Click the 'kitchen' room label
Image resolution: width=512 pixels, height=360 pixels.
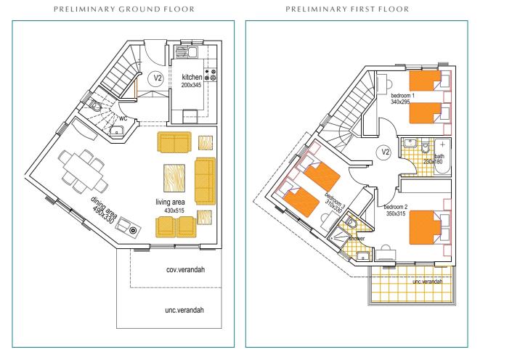point(192,77)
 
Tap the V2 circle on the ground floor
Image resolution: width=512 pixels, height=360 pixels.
point(158,78)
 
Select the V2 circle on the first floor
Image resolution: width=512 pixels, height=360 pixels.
point(386,152)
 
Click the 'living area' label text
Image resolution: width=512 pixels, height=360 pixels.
point(170,202)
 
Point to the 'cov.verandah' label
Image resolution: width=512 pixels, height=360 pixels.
point(185,269)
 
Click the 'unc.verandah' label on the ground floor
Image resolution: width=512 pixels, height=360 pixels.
point(184,310)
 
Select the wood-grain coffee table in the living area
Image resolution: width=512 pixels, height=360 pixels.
point(174,178)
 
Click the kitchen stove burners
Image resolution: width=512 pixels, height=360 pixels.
point(211,75)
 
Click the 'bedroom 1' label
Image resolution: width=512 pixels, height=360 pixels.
point(402,96)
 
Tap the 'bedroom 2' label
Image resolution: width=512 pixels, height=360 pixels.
point(395,207)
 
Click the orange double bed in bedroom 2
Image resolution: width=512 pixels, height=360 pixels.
point(422,227)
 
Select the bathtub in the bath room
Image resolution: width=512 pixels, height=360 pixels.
point(442,157)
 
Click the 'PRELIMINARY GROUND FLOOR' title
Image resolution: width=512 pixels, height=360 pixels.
point(124,9)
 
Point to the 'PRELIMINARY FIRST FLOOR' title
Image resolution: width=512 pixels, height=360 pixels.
point(347,9)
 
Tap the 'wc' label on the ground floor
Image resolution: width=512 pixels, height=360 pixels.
point(123,118)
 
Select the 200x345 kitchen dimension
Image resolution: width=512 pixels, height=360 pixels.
point(191,85)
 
